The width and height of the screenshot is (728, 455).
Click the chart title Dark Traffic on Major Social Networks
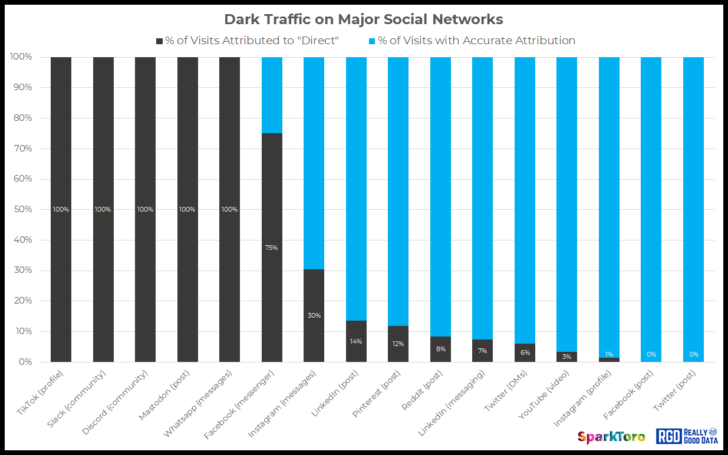pyautogui.click(x=364, y=19)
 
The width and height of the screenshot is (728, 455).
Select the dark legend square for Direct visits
pyautogui.click(x=159, y=41)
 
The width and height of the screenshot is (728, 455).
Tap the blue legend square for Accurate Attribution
pyautogui.click(x=372, y=41)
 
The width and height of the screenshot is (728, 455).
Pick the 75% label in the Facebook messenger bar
pyautogui.click(x=272, y=248)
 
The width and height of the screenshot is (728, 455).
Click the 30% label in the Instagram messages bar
pyautogui.click(x=314, y=315)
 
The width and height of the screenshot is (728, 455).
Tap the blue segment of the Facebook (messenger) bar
pyautogui.click(x=272, y=94)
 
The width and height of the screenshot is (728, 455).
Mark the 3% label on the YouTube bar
pyautogui.click(x=566, y=357)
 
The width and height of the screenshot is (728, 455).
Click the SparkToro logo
pyautogui.click(x=611, y=437)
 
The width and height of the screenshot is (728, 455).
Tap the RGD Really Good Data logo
pyautogui.click(x=686, y=436)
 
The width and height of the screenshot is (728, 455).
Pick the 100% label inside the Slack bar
pyautogui.click(x=103, y=209)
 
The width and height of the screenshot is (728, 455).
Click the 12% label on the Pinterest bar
pyautogui.click(x=398, y=344)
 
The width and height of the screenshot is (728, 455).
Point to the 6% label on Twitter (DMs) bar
pyautogui.click(x=525, y=352)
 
